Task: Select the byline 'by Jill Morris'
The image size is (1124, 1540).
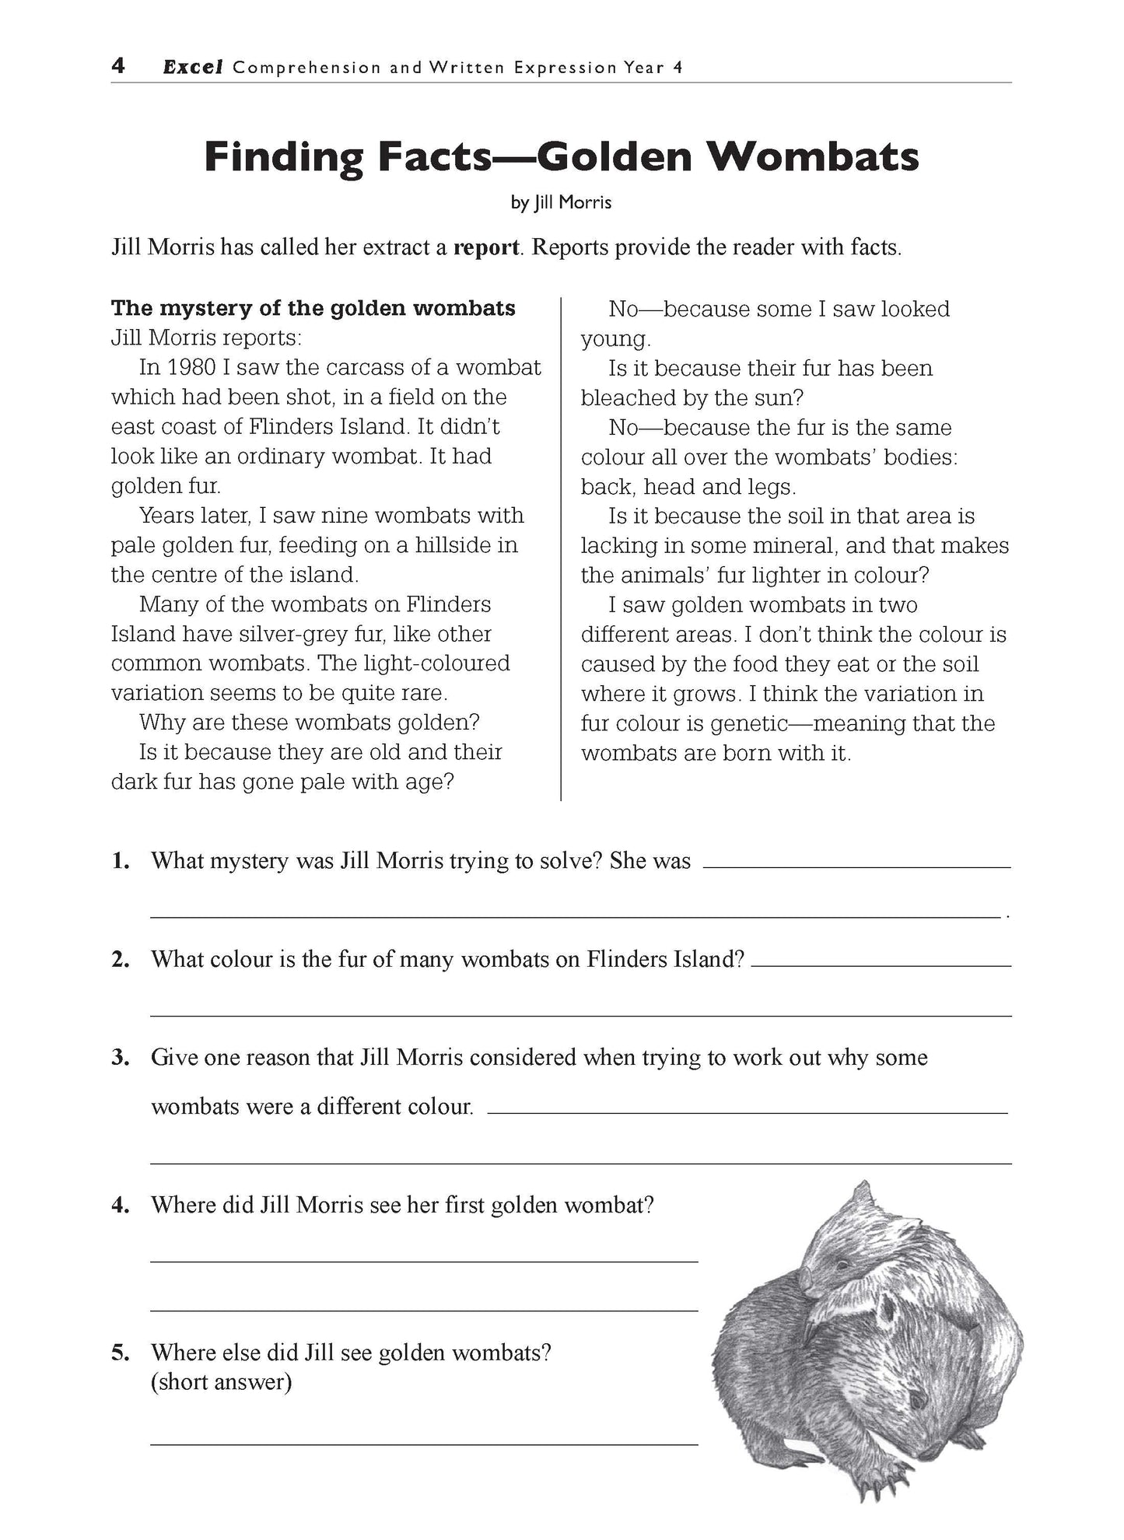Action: (561, 203)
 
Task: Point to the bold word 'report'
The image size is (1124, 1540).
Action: (486, 248)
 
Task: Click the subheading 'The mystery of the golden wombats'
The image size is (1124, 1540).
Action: (313, 308)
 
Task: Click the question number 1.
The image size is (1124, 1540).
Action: (120, 861)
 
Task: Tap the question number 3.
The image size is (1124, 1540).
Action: (120, 1058)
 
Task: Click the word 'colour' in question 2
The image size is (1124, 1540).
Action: (237, 960)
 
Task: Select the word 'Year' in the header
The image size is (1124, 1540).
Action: (643, 68)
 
